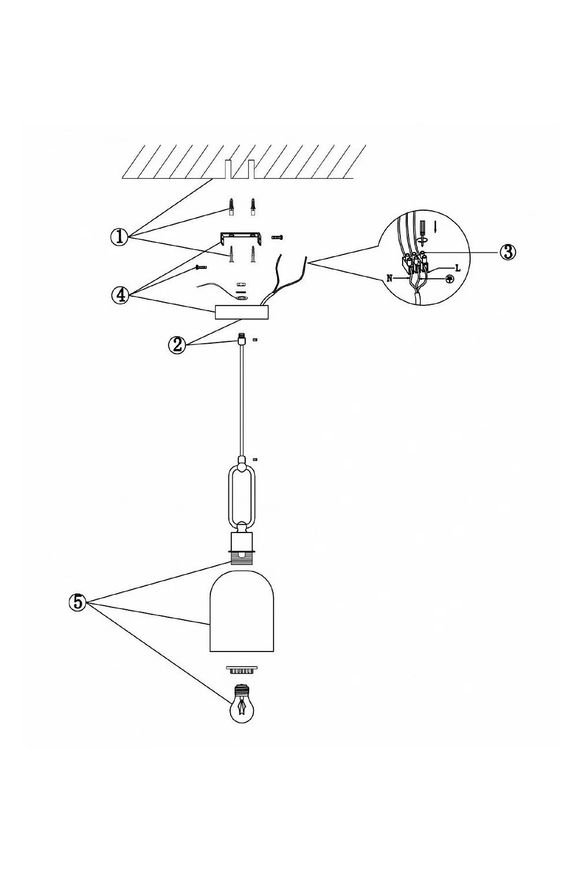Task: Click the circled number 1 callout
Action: pos(120,236)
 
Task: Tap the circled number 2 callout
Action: pos(177,345)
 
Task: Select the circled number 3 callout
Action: pos(507,253)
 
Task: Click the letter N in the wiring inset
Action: pos(389,278)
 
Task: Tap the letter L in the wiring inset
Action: pos(458,268)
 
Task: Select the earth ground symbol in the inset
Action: pos(450,279)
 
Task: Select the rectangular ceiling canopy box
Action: pos(242,312)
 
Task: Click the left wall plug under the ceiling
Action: pos(231,207)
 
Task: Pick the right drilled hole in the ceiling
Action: pos(252,169)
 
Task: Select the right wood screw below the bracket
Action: pos(253,254)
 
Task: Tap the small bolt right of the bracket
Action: pos(278,236)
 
